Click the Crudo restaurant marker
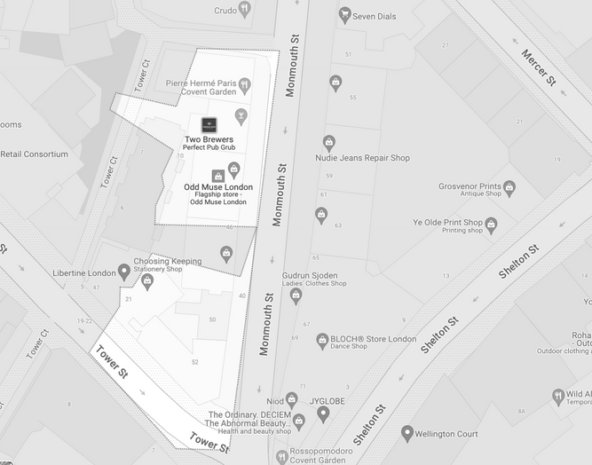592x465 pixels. click(x=245, y=9)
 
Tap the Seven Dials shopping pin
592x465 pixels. click(x=344, y=14)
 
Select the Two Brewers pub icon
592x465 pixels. click(x=209, y=124)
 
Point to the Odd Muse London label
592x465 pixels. click(x=217, y=187)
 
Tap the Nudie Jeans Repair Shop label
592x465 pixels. click(x=362, y=158)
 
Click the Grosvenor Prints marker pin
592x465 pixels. click(x=509, y=187)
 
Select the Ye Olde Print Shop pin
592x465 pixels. click(x=491, y=224)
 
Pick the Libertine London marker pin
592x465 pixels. click(x=124, y=272)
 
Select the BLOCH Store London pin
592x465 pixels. click(x=321, y=340)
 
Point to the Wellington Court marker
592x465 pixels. click(x=407, y=433)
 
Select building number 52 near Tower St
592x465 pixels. click(x=194, y=361)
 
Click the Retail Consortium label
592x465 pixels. click(x=34, y=154)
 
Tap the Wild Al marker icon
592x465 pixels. click(x=557, y=395)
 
